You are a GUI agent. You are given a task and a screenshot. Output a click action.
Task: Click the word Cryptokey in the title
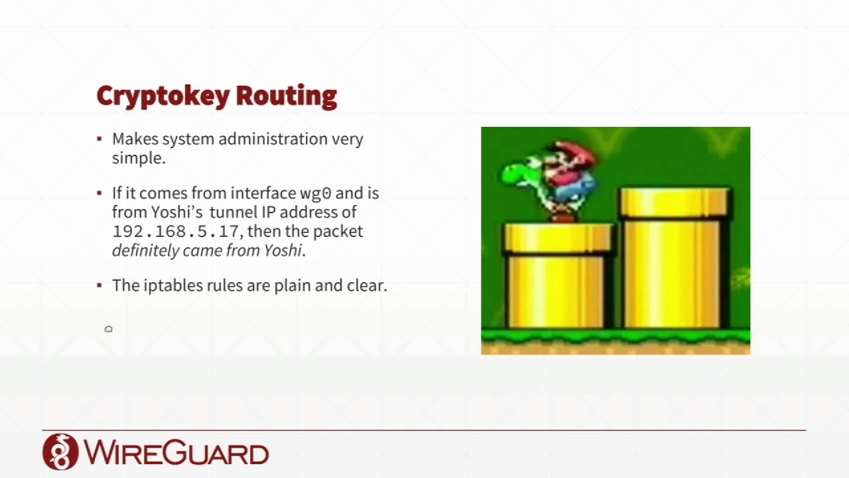tap(163, 96)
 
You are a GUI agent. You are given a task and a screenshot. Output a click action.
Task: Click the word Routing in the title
tap(287, 96)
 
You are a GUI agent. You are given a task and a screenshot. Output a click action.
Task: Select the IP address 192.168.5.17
tap(176, 232)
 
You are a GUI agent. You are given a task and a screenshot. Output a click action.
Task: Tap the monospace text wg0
tap(316, 194)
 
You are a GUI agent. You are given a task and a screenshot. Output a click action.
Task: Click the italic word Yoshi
tap(283, 250)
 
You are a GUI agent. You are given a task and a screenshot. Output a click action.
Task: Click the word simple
tap(139, 158)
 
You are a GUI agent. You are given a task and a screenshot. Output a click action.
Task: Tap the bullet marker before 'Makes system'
tap(99, 139)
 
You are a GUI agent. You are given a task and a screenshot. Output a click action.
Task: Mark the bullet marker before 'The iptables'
tap(99, 285)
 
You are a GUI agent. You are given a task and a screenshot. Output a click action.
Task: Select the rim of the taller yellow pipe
tap(675, 202)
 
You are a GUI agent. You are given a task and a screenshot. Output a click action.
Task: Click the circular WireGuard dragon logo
tap(60, 451)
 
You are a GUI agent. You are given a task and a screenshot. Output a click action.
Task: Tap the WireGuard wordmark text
tap(176, 452)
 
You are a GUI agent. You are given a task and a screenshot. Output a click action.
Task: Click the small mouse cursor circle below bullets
tap(108, 329)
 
